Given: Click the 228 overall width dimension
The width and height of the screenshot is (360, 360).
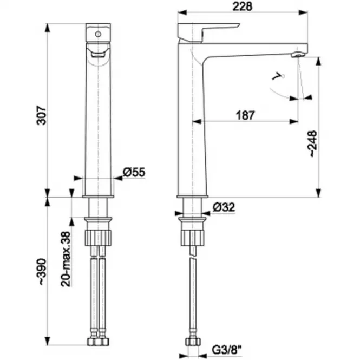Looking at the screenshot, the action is point(242,6).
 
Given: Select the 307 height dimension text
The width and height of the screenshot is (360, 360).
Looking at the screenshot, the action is point(42,115).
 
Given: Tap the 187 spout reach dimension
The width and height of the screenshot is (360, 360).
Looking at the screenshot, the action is point(245,115).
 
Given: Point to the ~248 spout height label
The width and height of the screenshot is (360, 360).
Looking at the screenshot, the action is point(313,143).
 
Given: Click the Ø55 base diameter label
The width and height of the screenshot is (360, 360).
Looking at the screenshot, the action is point(134,172).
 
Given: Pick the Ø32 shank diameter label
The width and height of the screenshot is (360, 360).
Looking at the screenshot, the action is point(224,207).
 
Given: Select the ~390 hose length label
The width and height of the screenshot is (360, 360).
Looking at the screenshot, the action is point(43,272).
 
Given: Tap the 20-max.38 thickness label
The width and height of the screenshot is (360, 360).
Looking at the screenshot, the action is point(66,259).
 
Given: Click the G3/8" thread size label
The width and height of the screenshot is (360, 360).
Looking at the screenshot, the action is point(227,350).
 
